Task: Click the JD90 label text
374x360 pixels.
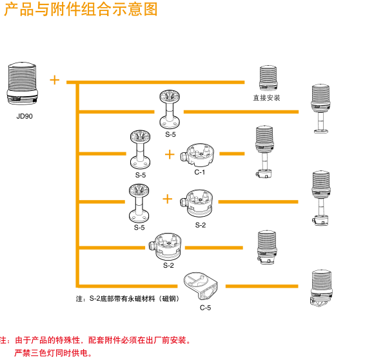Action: pos(25,117)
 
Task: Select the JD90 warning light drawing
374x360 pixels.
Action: pos(25,82)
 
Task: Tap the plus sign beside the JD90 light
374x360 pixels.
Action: pos(55,80)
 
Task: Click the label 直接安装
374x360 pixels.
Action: pos(266,98)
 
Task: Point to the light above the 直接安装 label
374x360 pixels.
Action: pos(267,78)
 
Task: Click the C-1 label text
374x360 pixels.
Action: pos(200,172)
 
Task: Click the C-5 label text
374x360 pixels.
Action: pos(205,307)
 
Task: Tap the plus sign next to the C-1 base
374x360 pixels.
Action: pos(170,154)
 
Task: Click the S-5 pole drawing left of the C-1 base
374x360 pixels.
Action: pos(141,150)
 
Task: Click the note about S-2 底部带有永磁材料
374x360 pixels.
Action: pos(127,299)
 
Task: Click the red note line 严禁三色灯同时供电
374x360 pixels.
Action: pos(54,353)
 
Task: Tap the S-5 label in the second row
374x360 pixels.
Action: pos(170,134)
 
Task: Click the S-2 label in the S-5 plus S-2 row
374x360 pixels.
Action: pos(201,225)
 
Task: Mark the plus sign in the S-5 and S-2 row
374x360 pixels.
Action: pos(168,199)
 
